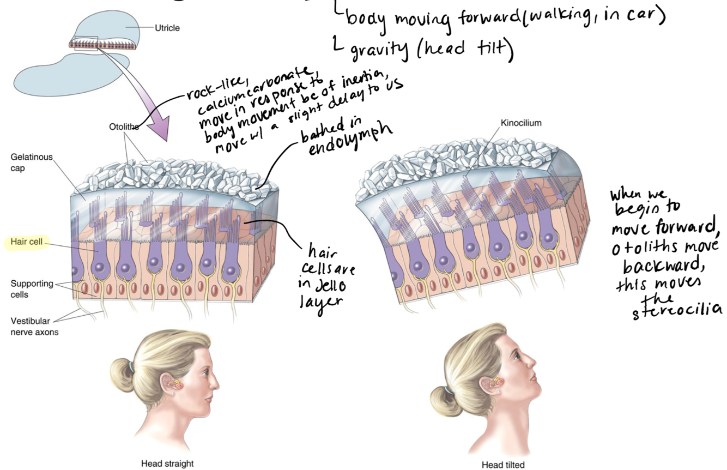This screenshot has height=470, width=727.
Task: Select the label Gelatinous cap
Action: point(32,162)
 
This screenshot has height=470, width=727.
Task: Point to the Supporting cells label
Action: point(32,289)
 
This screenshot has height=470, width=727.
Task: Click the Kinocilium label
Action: point(520,123)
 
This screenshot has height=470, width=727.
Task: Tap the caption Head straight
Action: point(167,463)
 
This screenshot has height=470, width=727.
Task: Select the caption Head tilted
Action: point(502,465)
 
